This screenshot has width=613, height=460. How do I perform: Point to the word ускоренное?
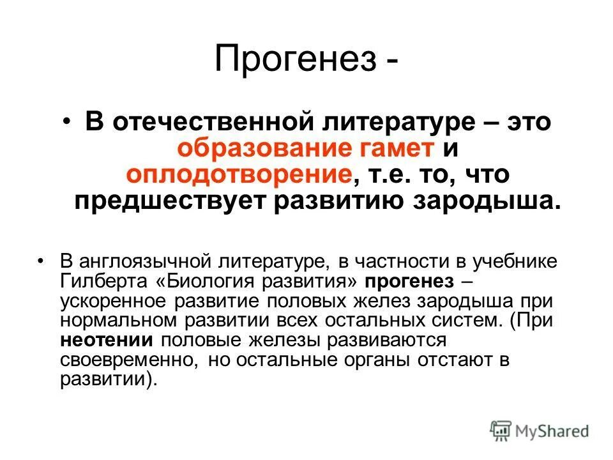[x=112, y=301]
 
